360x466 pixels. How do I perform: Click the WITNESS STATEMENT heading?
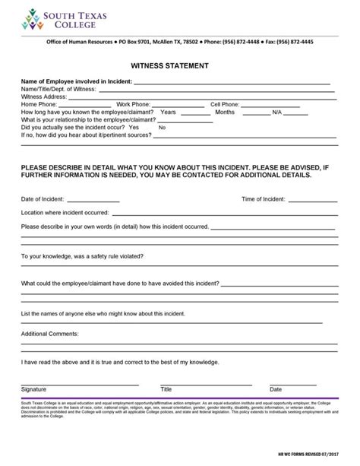point(179,66)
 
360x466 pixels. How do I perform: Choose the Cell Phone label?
point(225,105)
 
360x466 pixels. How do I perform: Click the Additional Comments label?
point(50,334)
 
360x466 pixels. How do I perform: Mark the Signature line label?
point(34,389)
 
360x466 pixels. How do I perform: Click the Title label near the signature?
point(166,389)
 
